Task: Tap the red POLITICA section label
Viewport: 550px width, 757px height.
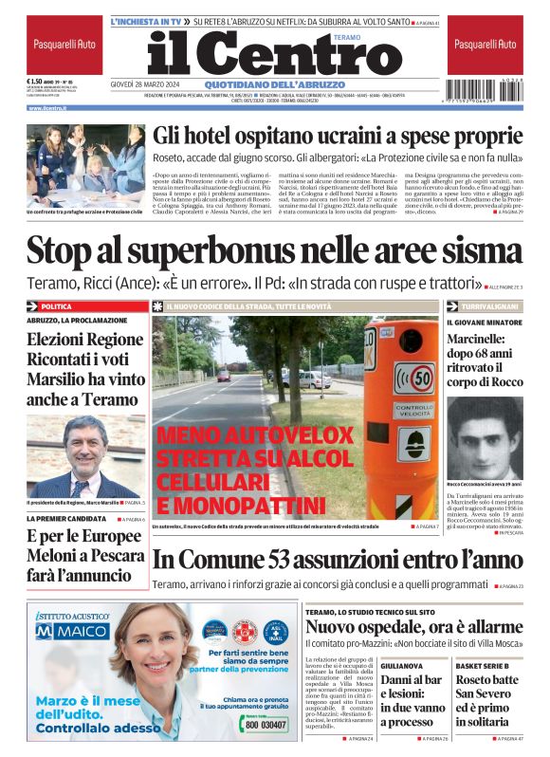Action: click(x=58, y=306)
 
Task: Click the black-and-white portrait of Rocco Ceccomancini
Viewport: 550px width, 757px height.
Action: click(x=484, y=436)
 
